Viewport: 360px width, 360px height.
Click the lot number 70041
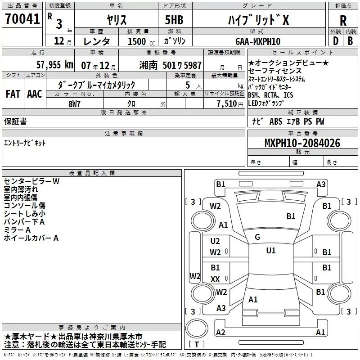[22, 19]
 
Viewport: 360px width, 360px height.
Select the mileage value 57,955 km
[55, 65]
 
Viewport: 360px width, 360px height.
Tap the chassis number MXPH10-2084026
[302, 143]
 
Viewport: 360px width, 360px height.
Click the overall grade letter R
[343, 21]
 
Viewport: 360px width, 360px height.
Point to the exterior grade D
[336, 41]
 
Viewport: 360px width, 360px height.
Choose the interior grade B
[350, 41]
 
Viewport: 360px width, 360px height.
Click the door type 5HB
[174, 20]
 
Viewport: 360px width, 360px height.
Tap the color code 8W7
[74, 104]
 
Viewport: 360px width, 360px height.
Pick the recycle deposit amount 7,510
[227, 104]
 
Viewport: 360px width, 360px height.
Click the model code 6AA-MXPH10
[258, 41]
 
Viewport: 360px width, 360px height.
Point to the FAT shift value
[13, 94]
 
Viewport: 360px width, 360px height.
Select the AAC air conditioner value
[35, 94]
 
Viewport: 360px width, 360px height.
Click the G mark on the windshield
[257, 237]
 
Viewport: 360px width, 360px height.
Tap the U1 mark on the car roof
[271, 250]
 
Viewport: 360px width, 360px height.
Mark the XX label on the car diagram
[215, 279]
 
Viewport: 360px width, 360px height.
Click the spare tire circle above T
[197, 328]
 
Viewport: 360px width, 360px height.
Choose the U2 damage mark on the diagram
[215, 241]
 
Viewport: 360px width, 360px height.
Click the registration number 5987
[193, 66]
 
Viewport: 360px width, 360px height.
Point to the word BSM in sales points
[253, 95]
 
